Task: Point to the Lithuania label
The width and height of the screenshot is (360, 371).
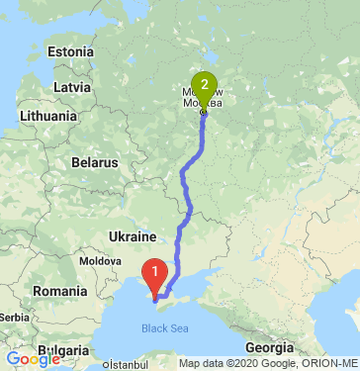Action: (46, 116)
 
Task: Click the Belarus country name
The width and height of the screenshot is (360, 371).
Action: (95, 162)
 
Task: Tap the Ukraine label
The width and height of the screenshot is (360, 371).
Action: (133, 237)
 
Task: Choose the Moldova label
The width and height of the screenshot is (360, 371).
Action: (100, 260)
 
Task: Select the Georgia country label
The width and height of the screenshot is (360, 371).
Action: (270, 347)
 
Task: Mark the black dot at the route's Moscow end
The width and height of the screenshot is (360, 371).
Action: (204, 113)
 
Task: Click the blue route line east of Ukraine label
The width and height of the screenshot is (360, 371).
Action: (179, 237)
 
